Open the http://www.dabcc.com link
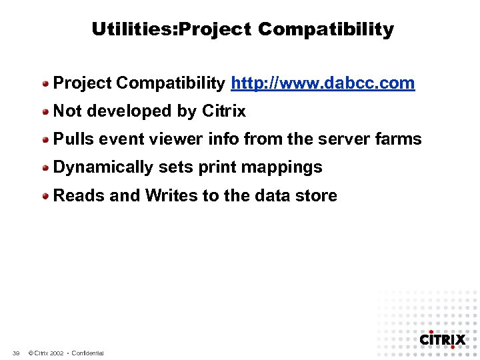click(x=323, y=83)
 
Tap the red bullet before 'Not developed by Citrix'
click(x=46, y=112)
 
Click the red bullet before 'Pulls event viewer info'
click(x=46, y=140)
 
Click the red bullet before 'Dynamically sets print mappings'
click(x=46, y=168)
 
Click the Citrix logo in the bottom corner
click(x=442, y=339)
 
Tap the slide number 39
click(x=16, y=353)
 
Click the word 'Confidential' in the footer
click(x=87, y=353)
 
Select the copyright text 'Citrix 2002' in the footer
click(x=46, y=353)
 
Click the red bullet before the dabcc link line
click(x=46, y=84)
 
